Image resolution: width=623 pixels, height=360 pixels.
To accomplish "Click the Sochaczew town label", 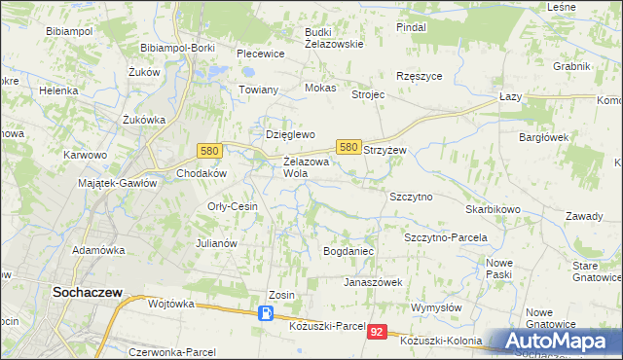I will [86, 289].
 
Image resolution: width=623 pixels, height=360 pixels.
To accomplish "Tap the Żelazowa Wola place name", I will [309, 167].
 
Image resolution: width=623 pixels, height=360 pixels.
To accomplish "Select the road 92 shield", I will [378, 333].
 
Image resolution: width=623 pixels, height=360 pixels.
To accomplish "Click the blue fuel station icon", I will [266, 313].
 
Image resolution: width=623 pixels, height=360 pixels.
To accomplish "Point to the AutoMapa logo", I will [555, 342].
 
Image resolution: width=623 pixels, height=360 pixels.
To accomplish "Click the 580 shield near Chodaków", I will [208, 151].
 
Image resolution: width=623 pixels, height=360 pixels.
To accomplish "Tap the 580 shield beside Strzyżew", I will [349, 146].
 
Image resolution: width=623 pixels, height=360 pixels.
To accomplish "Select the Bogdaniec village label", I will [348, 251].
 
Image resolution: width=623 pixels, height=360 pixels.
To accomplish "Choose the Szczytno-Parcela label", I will [445, 237].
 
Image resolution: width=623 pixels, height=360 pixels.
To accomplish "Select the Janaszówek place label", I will [373, 282].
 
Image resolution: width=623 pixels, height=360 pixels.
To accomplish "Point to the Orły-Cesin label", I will [233, 206].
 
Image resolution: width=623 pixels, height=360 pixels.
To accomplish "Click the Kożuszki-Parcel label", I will [327, 326].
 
